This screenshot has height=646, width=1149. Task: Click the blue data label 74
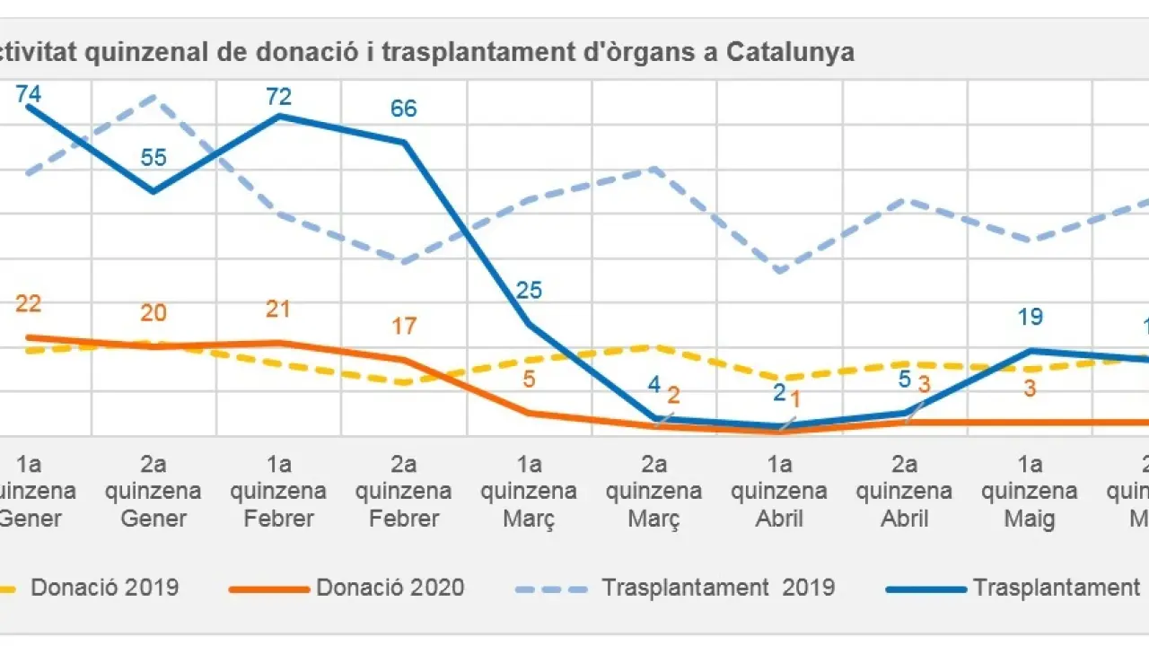coord(29,92)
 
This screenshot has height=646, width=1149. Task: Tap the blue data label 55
coord(153,157)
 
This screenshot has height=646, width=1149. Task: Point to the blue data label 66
coord(404,109)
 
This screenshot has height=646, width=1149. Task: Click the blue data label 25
coord(529,290)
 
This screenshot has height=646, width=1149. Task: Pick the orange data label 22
coord(29,304)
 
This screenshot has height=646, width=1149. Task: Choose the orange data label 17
coord(404,325)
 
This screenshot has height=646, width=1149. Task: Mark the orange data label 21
coord(279,309)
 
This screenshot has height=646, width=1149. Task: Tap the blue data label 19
coord(1030,317)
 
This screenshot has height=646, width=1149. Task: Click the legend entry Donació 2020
coord(390,588)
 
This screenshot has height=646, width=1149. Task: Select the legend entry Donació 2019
coord(104,588)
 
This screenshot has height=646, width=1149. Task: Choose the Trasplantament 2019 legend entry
coord(718,588)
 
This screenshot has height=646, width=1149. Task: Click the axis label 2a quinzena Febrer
coord(404,492)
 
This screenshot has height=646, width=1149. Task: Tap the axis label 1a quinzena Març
coord(529,492)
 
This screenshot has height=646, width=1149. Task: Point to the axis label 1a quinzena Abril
coord(779,492)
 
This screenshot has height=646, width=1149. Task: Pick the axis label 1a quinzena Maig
coord(1030,492)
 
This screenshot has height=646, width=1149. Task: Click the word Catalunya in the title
coord(790,53)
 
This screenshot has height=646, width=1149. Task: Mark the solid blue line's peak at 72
coord(279,116)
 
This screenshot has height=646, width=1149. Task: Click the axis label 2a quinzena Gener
coord(153,492)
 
